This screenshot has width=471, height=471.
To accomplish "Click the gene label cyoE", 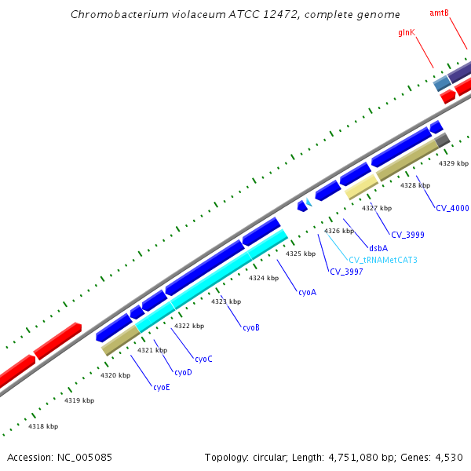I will pyautogui.click(x=161, y=387).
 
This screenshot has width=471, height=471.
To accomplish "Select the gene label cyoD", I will pyautogui.click(x=183, y=372).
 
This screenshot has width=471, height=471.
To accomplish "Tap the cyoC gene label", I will pyautogui.click(x=203, y=359).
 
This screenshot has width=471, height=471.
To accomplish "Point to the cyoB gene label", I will pyautogui.click(x=250, y=327).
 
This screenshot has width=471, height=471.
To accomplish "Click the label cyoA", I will pyautogui.click(x=307, y=292).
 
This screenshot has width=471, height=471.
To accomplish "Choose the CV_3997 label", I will pyautogui.click(x=346, y=272).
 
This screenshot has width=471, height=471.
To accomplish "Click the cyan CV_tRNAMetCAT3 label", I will pyautogui.click(x=383, y=260).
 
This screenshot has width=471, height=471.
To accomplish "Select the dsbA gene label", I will pyautogui.click(x=378, y=248).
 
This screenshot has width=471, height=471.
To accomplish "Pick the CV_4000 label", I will pyautogui.click(x=452, y=208).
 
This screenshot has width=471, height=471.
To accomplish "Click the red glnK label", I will pyautogui.click(x=407, y=33).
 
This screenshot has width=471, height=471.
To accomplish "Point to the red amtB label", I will pyautogui.click(x=439, y=13).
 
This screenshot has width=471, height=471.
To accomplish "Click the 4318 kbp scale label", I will pyautogui.click(x=43, y=426).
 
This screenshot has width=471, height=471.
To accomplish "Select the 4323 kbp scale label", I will pyautogui.click(x=225, y=301).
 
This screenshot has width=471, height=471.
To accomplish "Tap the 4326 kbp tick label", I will pyautogui.click(x=339, y=231).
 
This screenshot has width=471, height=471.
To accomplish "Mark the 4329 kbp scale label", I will pyautogui.click(x=453, y=163).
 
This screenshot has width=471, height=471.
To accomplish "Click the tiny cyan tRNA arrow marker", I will pyautogui.click(x=309, y=203).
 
